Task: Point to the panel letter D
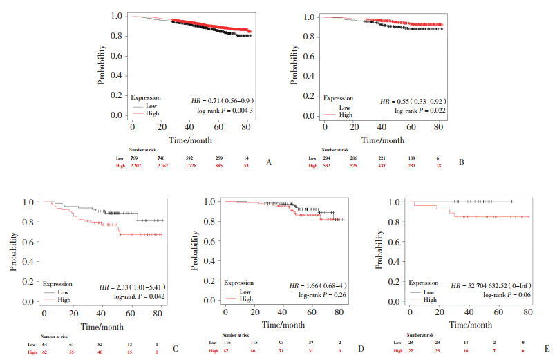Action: coord(359,350)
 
